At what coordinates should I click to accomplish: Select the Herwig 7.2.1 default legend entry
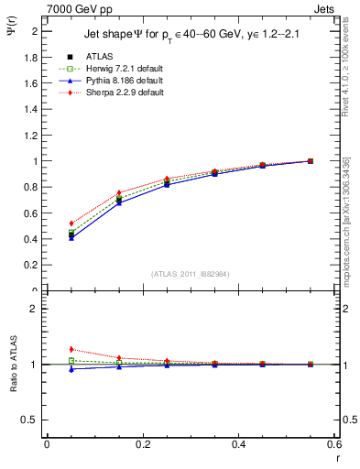113,69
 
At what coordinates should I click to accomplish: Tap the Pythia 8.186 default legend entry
113,81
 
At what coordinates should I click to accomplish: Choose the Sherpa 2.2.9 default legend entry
113,93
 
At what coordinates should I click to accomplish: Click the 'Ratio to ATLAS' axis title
12,363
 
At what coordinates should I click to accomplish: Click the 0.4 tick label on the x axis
239,444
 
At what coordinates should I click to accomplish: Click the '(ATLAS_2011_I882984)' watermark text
191,274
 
